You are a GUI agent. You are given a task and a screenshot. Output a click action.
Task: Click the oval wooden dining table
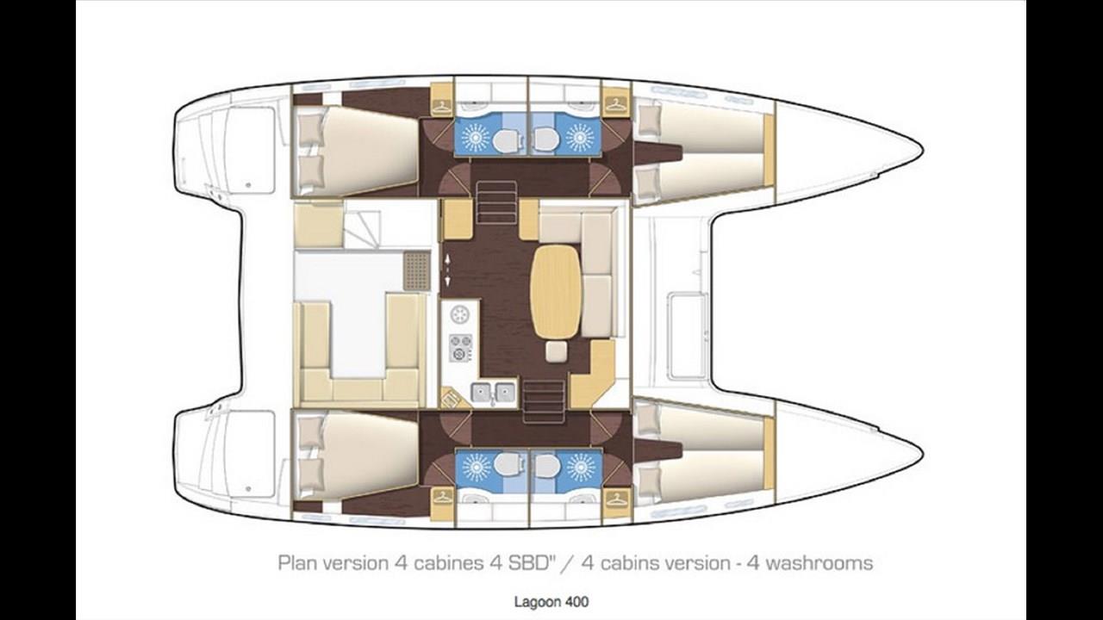556,291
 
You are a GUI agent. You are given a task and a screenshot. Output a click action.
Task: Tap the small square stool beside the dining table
556,350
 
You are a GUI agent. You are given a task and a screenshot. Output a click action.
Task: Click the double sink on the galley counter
493,393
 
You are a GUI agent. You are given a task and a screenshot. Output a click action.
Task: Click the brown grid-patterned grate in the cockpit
416,270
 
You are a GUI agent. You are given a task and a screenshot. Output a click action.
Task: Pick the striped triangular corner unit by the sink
451,398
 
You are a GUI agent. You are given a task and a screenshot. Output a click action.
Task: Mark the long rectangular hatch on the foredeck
688,335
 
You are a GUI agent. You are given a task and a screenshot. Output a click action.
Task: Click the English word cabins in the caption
632,563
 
